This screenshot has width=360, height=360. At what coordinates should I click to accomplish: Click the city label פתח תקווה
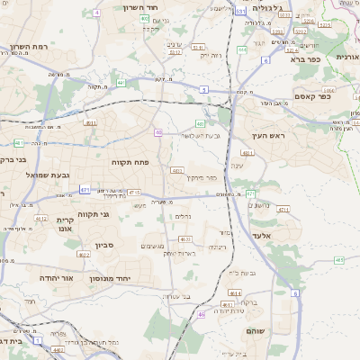[x=130, y=162]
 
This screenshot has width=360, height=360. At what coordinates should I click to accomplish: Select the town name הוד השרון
[x=141, y=6]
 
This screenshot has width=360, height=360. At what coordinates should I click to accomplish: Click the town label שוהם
[x=258, y=331]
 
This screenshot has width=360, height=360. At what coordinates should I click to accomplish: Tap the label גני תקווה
[x=92, y=214]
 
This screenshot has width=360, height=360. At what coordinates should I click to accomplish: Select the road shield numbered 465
[x=339, y=260]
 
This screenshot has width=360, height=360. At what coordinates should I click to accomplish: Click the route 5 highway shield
[x=204, y=89]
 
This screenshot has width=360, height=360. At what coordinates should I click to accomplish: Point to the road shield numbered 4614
[x=234, y=292]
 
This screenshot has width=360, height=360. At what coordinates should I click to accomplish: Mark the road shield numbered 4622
[x=84, y=255]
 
